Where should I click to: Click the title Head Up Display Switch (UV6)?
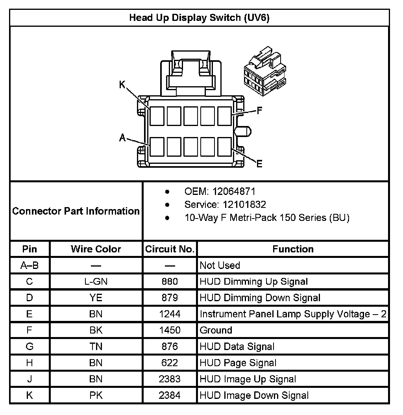[x=199, y=18]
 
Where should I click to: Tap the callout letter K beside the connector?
[x=122, y=84]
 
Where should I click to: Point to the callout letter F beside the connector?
[x=259, y=111]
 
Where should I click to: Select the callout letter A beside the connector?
[x=122, y=137]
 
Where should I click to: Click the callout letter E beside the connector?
[x=259, y=164]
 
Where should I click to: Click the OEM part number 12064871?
[x=234, y=192]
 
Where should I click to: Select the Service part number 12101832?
[x=239, y=205]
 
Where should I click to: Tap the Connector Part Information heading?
[x=76, y=211]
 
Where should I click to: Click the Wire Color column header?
[x=96, y=249]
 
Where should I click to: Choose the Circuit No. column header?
[x=170, y=249]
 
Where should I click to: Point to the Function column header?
[x=293, y=249]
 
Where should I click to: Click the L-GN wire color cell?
[x=96, y=282]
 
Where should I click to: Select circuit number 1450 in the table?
[x=170, y=330]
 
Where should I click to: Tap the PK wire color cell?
[x=96, y=395]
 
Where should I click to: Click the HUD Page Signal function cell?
[x=238, y=363]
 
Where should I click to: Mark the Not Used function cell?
[x=220, y=265]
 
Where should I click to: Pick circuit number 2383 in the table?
[x=170, y=379]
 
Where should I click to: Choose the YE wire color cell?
[x=96, y=298]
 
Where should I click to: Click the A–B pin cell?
[x=30, y=265]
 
